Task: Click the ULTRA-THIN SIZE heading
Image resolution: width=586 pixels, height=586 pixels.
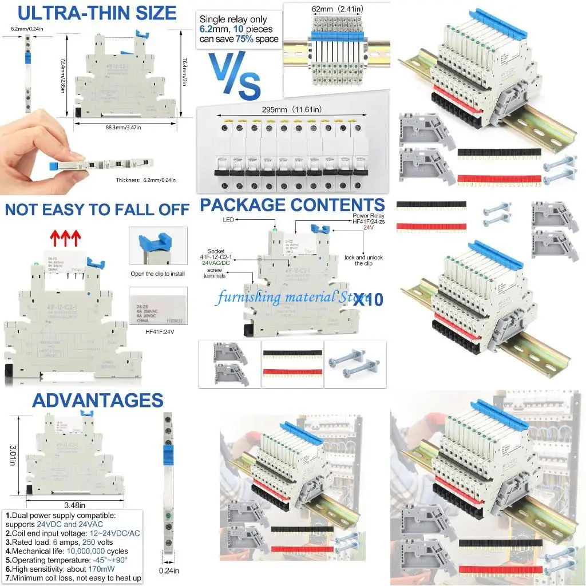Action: (x=98, y=13)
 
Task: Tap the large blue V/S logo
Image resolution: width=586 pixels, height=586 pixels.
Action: (x=235, y=74)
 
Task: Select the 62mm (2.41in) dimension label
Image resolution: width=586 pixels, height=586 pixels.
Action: (x=336, y=9)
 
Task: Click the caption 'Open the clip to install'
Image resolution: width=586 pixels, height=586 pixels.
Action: (x=157, y=274)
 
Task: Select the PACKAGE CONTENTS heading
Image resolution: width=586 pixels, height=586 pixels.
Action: (x=292, y=204)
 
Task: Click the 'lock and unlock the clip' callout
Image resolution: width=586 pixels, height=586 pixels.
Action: (x=363, y=260)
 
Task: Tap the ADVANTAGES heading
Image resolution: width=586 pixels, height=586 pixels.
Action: (x=97, y=400)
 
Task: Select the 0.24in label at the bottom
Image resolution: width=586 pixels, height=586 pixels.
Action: (x=169, y=570)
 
